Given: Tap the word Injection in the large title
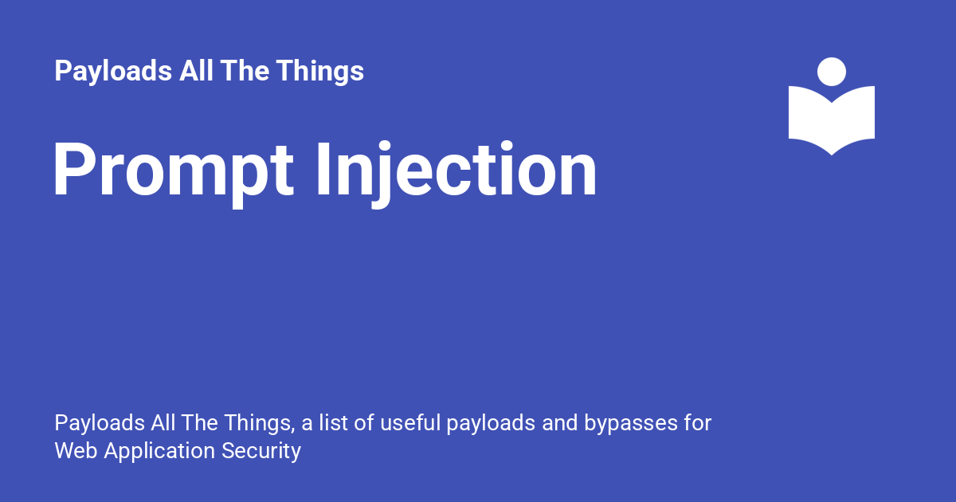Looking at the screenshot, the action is click(456, 174).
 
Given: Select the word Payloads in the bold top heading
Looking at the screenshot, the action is click(113, 71).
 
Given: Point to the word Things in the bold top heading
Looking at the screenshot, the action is click(320, 71).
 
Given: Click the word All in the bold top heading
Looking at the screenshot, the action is click(196, 70).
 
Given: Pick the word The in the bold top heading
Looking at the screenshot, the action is click(245, 70).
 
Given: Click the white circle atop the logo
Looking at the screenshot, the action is click(832, 72).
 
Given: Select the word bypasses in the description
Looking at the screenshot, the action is click(631, 423).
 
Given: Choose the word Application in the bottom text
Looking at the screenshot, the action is click(159, 452).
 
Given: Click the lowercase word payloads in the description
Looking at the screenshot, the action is click(492, 423).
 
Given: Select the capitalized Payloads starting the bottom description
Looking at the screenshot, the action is click(100, 423).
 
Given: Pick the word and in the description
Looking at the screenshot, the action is click(559, 422).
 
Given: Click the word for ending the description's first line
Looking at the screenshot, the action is click(697, 422).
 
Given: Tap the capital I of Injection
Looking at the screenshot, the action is click(323, 169).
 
